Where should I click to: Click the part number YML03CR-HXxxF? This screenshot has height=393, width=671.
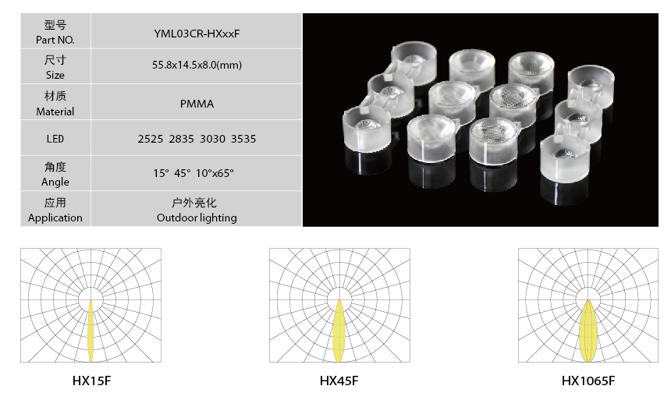pos(197,34)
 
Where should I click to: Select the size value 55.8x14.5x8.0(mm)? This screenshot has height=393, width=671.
pos(197,65)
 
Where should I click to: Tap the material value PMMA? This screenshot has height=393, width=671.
pos(197,104)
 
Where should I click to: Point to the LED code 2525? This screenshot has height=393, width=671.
pos(151,139)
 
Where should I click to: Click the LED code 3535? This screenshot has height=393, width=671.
pos(243,139)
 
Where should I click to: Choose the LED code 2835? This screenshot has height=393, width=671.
pos(182,139)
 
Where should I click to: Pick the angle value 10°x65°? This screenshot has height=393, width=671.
pos(215,173)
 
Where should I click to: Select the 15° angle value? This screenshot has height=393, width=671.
pos(162,173)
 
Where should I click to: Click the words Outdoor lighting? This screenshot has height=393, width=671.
pos(197,218)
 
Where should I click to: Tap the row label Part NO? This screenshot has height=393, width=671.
pos(55,41)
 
